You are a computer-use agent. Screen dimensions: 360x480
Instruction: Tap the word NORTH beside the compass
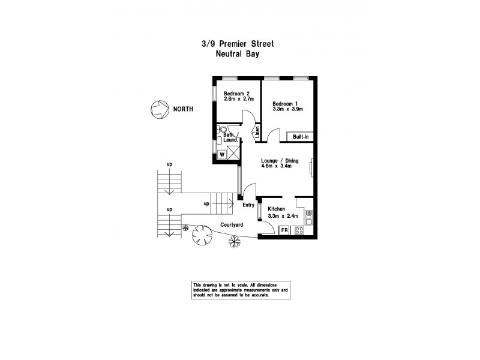click(x=183, y=109)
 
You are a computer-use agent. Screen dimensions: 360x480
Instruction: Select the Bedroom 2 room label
click(x=236, y=94)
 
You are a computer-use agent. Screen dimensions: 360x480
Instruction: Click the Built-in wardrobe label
click(x=301, y=137)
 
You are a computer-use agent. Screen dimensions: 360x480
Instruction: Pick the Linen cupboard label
click(x=257, y=131)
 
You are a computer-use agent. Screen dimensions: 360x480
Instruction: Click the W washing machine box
click(x=222, y=154)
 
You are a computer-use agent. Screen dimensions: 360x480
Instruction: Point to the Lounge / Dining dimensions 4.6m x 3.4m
click(x=276, y=167)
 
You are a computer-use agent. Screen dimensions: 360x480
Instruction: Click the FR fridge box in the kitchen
click(x=284, y=230)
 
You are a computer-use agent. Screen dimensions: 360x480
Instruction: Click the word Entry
click(x=248, y=205)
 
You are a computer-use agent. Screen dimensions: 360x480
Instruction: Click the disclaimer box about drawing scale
click(x=240, y=291)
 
